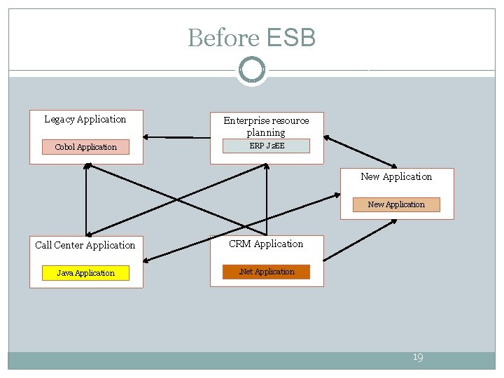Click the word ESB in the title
click(x=288, y=38)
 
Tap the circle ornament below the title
click(x=251, y=69)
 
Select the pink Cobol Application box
click(x=86, y=147)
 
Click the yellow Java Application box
click(x=86, y=273)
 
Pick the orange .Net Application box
click(x=267, y=272)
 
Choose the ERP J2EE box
click(x=267, y=146)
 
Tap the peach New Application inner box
click(x=396, y=204)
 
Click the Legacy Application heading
click(x=85, y=120)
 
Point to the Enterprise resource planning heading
click(x=266, y=126)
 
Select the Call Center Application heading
click(x=85, y=245)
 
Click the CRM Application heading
click(x=267, y=244)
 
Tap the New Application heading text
click(x=396, y=176)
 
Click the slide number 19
click(x=417, y=358)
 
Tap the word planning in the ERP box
click(x=266, y=132)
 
